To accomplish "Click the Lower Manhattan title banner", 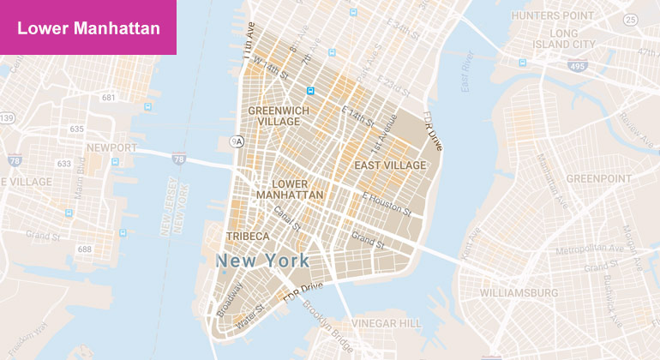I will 88,28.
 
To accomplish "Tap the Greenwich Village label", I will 274,116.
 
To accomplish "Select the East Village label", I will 390,165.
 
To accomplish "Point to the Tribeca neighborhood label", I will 248,236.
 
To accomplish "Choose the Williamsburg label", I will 519,293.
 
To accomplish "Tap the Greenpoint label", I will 597,179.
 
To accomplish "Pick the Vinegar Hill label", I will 388,323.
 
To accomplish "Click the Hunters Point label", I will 552,15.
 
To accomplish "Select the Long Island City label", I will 565,39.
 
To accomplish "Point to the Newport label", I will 111,147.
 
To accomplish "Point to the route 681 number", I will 108,98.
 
